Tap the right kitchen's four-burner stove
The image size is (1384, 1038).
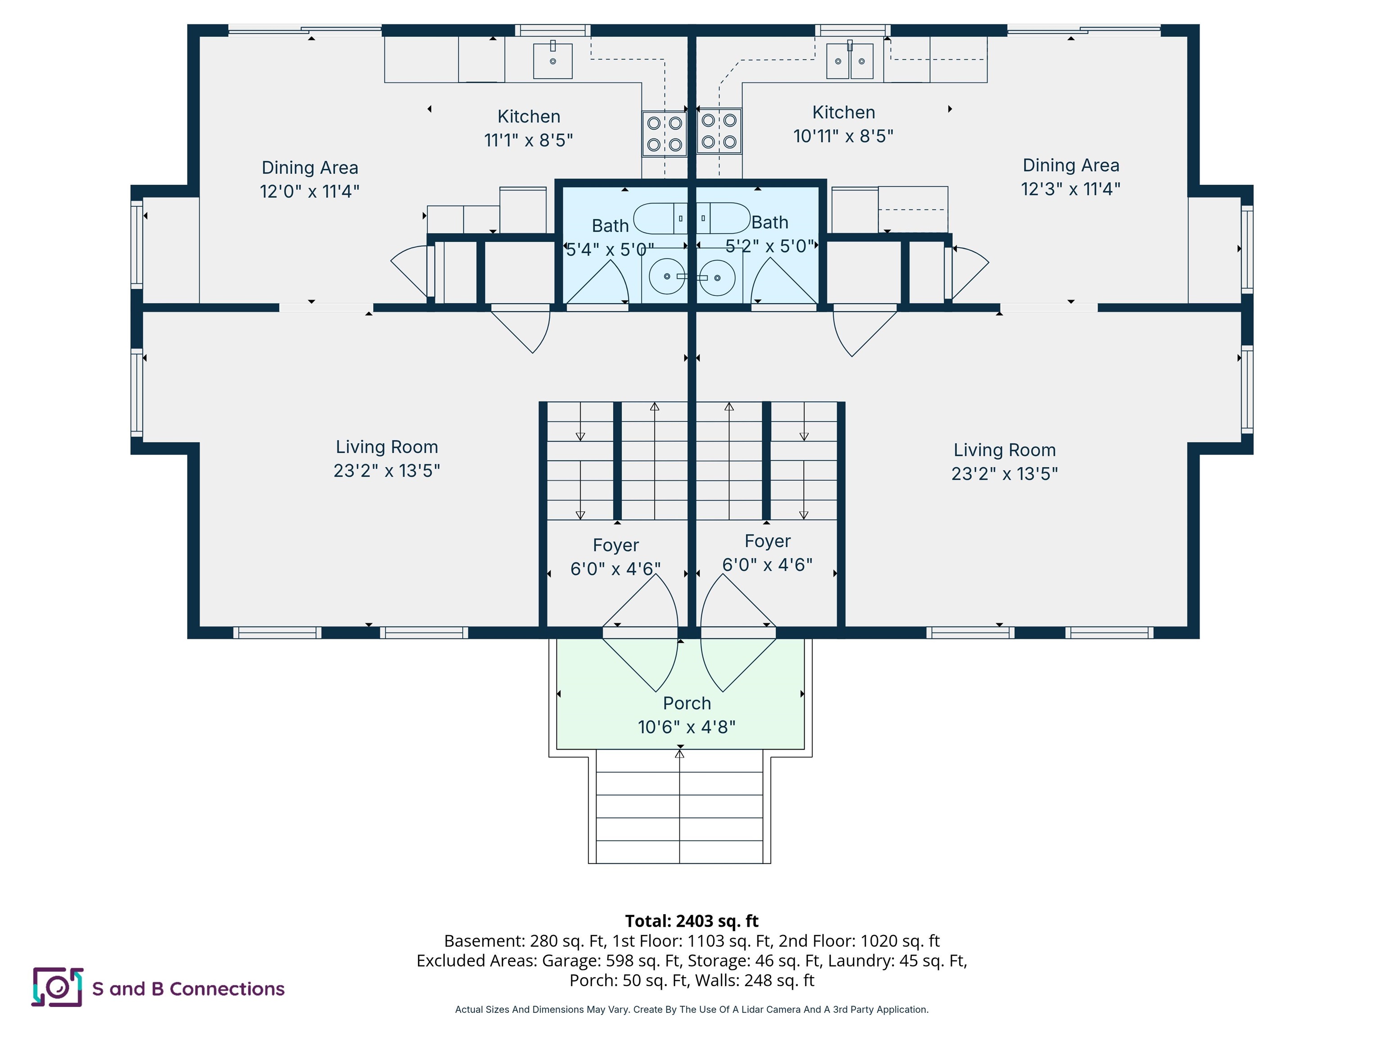(x=719, y=132)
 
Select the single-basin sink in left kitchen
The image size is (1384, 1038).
(x=552, y=61)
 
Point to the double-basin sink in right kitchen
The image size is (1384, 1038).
(x=850, y=61)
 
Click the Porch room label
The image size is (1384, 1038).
(x=687, y=703)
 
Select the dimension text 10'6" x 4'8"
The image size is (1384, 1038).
(x=687, y=727)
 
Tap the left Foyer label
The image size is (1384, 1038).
(x=616, y=545)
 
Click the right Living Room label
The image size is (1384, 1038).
(x=1004, y=450)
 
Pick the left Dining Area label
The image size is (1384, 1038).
(x=310, y=168)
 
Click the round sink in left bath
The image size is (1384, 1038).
(x=666, y=276)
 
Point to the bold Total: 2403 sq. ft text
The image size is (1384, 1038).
(x=692, y=921)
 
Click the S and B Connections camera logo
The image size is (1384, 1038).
(x=58, y=988)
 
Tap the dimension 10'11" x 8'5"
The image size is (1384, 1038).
(x=843, y=136)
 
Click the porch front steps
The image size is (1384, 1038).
(x=679, y=807)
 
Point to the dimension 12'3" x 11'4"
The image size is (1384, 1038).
(x=1070, y=189)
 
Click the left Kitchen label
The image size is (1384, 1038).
(x=529, y=116)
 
